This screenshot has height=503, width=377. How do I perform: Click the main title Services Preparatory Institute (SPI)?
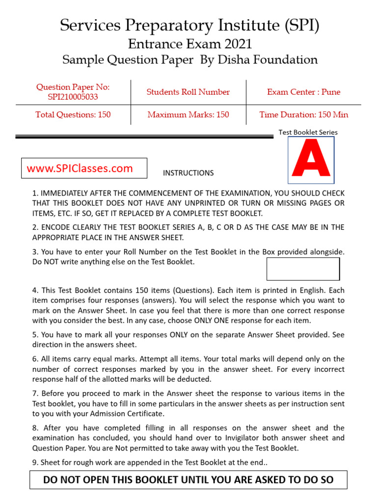click(x=189, y=25)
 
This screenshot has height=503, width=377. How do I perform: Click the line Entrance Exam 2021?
click(x=189, y=44)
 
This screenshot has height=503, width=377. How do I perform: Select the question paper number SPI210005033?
click(x=73, y=97)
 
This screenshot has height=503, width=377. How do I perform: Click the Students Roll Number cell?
click(x=188, y=92)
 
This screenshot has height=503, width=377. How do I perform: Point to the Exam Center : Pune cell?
click(x=303, y=92)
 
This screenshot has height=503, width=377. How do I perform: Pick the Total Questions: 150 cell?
click(x=73, y=114)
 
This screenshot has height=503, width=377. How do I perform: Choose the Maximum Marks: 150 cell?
click(x=188, y=114)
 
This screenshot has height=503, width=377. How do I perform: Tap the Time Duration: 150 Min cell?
click(x=303, y=114)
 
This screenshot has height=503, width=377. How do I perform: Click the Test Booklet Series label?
click(x=308, y=132)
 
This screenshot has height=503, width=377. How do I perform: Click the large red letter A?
click(x=311, y=159)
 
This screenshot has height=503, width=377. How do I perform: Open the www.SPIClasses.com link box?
click(x=84, y=168)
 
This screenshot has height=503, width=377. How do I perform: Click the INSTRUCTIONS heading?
click(x=188, y=173)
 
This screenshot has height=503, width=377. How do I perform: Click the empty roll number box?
click(x=303, y=269)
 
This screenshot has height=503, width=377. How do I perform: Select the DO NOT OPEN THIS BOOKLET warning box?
click(x=188, y=479)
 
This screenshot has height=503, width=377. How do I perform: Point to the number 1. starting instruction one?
click(x=35, y=193)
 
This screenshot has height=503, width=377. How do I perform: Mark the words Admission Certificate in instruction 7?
click(x=128, y=414)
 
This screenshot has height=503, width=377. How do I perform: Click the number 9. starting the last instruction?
click(x=35, y=462)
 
